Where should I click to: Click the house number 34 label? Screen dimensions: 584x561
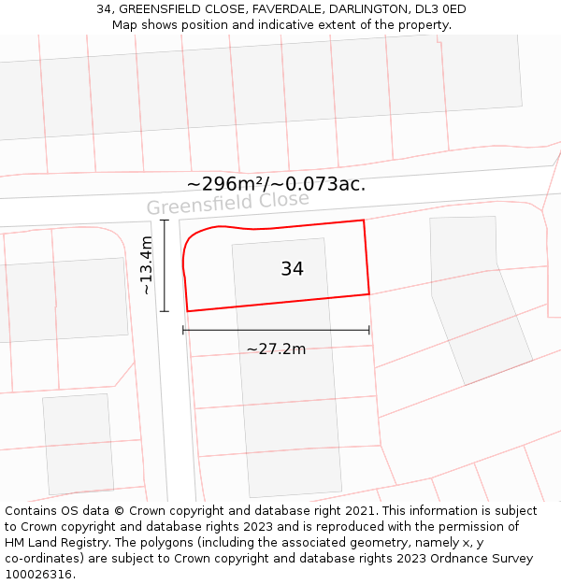coord(292,269)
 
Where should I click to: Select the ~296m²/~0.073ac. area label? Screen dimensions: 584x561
coord(276,184)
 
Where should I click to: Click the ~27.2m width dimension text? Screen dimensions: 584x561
coord(276,349)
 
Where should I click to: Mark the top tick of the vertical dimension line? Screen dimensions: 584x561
coord(165,221)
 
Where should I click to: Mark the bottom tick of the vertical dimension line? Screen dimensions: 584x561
coord(165,311)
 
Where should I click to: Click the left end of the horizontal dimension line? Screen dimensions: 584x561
coord(183,330)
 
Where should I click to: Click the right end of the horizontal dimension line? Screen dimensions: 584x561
coord(369,330)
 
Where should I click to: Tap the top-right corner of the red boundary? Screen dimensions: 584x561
coord(363,221)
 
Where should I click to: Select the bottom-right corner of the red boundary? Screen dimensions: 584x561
coord(369,293)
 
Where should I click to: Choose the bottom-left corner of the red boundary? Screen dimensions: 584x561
coord(188,311)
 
